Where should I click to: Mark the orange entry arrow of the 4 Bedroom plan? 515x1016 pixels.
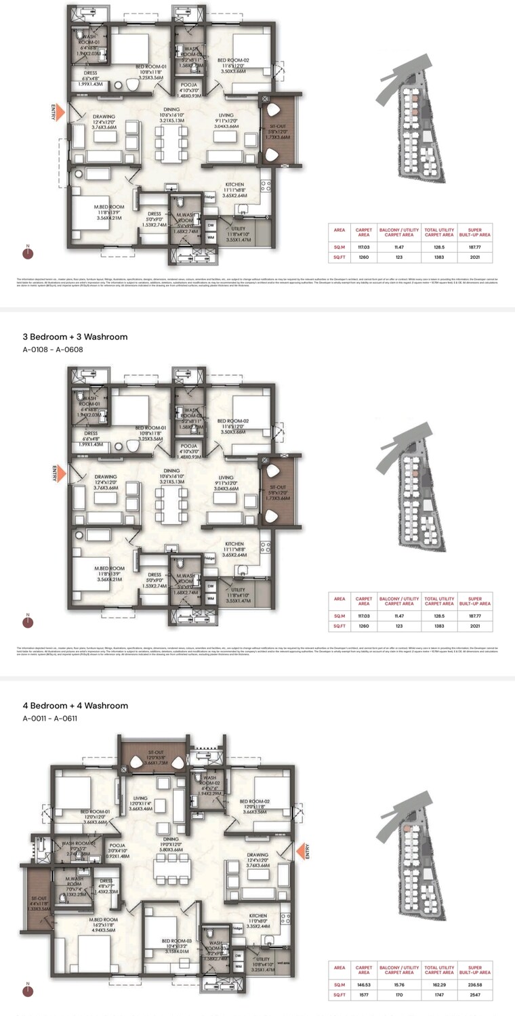tap(300, 851)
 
